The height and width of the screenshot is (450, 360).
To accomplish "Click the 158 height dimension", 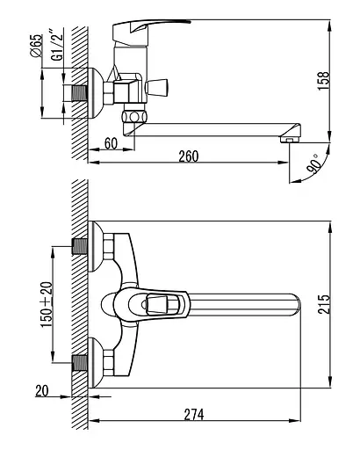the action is tap(323, 81).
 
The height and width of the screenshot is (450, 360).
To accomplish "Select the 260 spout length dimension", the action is tap(189, 156).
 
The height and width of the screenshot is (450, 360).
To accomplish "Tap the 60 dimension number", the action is tap(111, 143).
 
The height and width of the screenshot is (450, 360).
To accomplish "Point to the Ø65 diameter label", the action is tap(36, 46).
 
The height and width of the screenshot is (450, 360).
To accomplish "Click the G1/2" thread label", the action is tap(57, 45).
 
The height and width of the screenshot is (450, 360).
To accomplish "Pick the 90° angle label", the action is tap(313, 164).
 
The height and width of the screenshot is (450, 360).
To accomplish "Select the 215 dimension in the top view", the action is tap(324, 304).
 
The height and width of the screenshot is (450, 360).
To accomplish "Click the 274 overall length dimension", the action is tap(194, 415).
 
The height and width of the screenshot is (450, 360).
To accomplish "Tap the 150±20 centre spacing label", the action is tap(47, 304).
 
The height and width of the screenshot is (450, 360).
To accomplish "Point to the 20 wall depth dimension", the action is tap(42, 391).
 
